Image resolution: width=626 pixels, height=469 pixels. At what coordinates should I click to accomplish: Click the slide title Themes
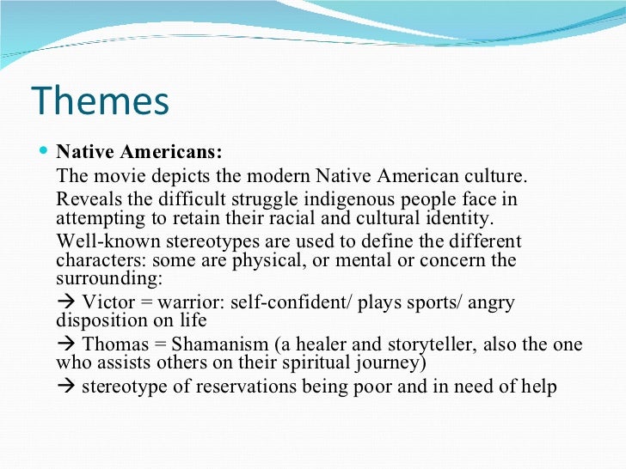101,101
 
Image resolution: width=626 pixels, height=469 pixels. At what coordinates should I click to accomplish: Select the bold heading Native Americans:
138,152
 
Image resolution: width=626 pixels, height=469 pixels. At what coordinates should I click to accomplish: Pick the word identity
458,217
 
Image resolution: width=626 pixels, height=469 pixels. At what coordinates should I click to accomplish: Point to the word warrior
183,303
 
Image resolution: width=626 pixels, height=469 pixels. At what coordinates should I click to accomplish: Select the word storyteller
438,344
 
